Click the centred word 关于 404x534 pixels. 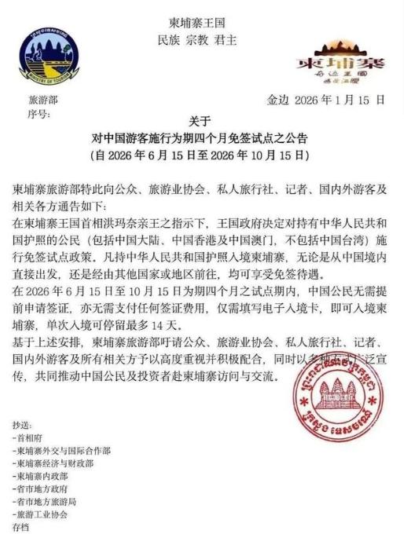[200, 121]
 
